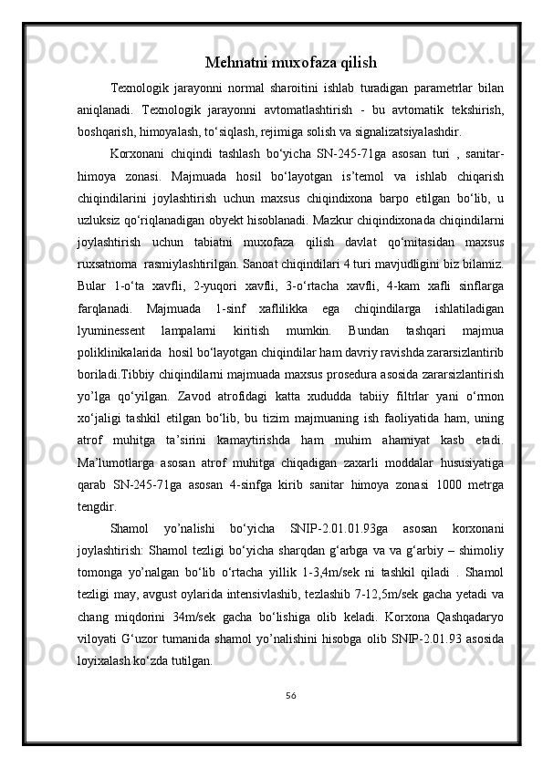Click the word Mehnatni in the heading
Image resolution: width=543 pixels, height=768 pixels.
tap(235, 63)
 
